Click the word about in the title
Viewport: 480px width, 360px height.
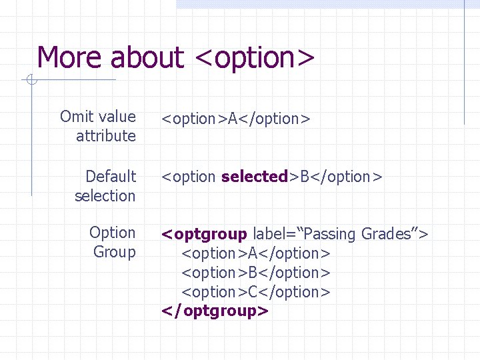pyautogui.click(x=147, y=57)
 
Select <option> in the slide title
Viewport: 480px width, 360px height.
pyautogui.click(x=255, y=59)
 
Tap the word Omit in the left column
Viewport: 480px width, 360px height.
pyautogui.click(x=77, y=117)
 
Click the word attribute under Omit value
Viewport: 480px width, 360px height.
pyautogui.click(x=106, y=136)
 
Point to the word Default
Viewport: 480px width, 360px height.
pyautogui.click(x=111, y=177)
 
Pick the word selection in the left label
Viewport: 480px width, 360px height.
pyautogui.click(x=105, y=196)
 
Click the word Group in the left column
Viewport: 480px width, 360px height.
pyautogui.click(x=114, y=252)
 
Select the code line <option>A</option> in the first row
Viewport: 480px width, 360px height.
pyautogui.click(x=236, y=119)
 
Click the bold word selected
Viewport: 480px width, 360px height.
pyautogui.click(x=254, y=177)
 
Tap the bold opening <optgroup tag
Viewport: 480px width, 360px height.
pyautogui.click(x=205, y=235)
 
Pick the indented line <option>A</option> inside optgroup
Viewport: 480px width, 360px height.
pyautogui.click(x=256, y=253)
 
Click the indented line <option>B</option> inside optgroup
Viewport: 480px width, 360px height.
pyautogui.click(x=256, y=273)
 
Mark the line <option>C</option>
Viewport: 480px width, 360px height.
pyautogui.click(x=256, y=292)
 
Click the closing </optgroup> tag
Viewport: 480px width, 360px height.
pyautogui.click(x=215, y=311)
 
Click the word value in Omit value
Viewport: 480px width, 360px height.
pyautogui.click(x=117, y=117)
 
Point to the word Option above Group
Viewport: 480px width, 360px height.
pyautogui.click(x=112, y=233)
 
